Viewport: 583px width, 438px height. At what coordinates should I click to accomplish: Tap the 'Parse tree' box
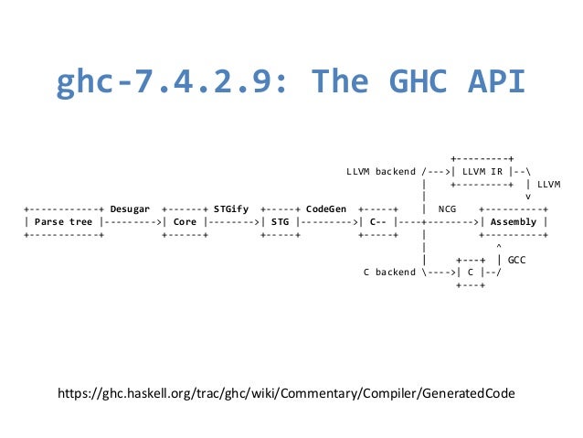click(x=64, y=221)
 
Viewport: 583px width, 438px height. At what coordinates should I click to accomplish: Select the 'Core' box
click(x=185, y=221)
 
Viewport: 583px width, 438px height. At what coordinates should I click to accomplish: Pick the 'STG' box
click(x=280, y=221)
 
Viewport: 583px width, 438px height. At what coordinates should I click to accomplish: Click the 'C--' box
click(x=376, y=221)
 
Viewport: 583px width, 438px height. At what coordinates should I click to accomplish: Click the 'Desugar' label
click(x=130, y=208)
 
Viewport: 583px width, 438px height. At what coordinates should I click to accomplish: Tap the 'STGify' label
click(x=230, y=208)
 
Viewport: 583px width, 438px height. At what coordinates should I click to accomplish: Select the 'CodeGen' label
click(x=326, y=208)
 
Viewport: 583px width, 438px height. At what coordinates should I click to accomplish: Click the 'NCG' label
click(x=448, y=208)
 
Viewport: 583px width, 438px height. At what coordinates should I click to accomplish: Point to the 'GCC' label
click(x=516, y=259)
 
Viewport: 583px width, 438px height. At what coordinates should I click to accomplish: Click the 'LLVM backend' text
click(x=380, y=171)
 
